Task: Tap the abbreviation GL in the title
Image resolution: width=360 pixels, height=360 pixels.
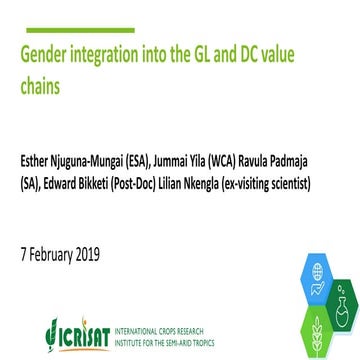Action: coord(200,55)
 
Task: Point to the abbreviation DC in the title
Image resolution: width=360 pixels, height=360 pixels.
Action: coord(259,55)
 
